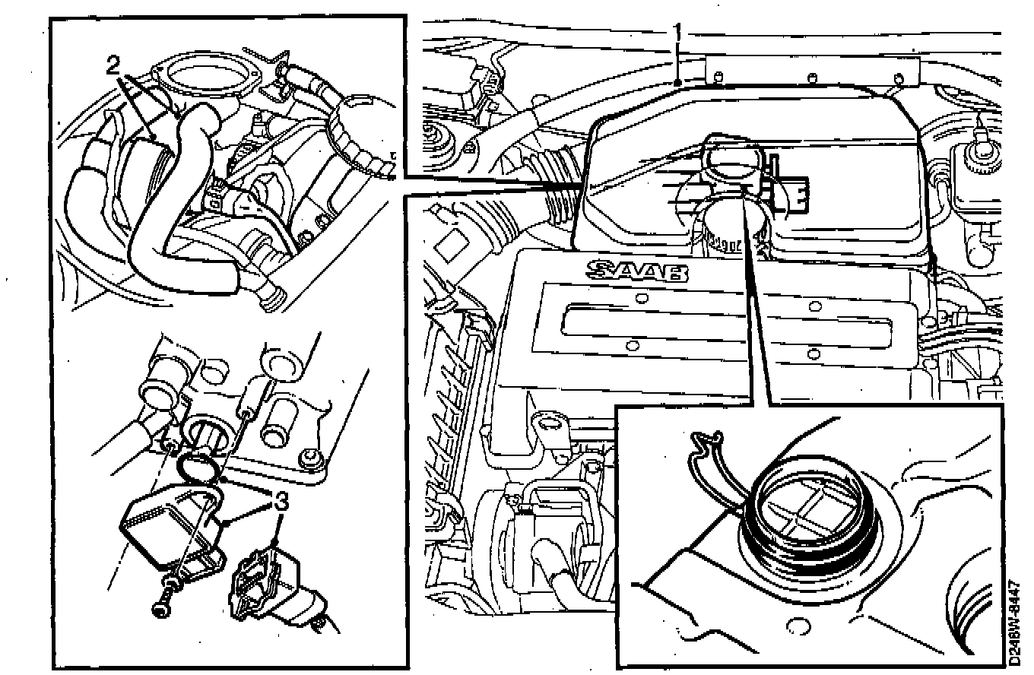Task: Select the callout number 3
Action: (x=281, y=502)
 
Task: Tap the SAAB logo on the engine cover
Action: (x=636, y=271)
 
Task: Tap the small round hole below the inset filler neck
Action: (x=798, y=626)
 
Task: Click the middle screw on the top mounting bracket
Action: (x=812, y=77)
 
